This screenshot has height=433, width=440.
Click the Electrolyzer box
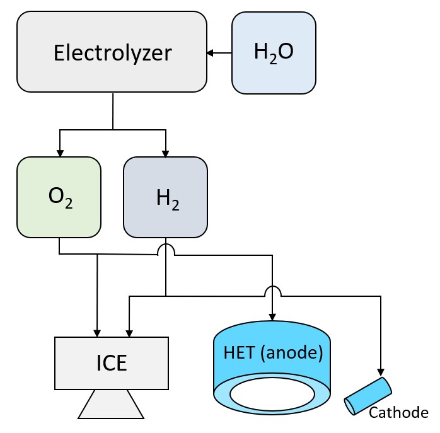[112, 52]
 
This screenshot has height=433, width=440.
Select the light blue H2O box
[274, 52]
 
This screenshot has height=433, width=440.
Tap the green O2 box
[59, 197]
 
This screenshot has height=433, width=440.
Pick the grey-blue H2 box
[165, 197]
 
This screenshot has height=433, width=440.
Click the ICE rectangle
[112, 363]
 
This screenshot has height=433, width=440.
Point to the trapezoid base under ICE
[111, 404]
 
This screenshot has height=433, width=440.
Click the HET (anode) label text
[273, 351]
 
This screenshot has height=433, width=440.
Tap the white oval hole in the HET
[272, 394]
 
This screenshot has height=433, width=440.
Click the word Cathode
[398, 413]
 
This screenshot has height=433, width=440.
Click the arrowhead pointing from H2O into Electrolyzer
[210, 53]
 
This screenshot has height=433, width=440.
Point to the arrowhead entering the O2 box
[60, 153]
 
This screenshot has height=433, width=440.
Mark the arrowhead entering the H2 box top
[166, 153]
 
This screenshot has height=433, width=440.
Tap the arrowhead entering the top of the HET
[272, 317]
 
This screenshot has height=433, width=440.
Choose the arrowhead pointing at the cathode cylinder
[381, 373]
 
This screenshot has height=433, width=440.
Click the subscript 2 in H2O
[267, 59]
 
